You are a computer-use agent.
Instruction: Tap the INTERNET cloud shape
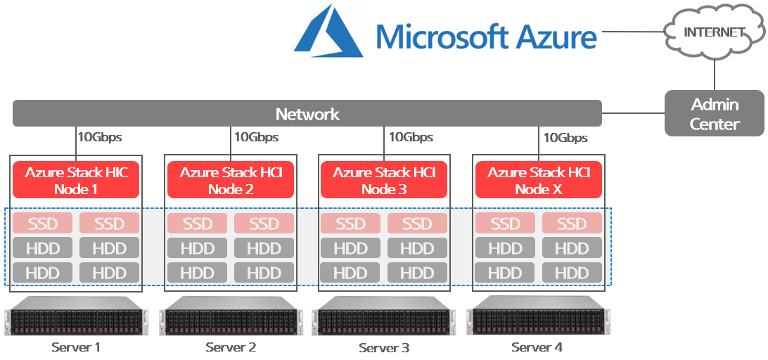713,32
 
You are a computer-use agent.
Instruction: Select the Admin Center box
714,115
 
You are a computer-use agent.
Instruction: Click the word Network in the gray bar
307,114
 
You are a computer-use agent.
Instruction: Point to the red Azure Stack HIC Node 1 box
77,180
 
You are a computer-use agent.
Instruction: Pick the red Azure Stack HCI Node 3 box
384,180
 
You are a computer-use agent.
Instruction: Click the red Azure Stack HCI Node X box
539,180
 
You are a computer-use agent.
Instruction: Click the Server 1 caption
76,347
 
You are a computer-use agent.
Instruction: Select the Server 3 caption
383,347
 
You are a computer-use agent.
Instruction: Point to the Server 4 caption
537,347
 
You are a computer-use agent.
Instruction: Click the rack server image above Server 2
231,316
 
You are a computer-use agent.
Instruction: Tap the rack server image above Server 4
538,316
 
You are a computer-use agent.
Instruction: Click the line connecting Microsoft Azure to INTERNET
631,32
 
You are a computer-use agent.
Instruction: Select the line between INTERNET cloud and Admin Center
715,74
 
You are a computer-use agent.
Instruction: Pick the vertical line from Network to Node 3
384,141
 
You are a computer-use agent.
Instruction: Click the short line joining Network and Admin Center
633,111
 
